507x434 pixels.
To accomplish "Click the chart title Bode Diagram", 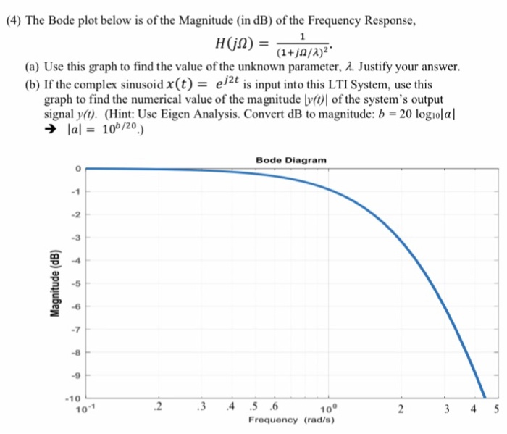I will pyautogui.click(x=291, y=159).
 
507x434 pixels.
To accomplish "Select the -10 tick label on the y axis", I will pyautogui.click(x=72, y=398).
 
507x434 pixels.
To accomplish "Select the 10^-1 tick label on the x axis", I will pyautogui.click(x=88, y=408).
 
